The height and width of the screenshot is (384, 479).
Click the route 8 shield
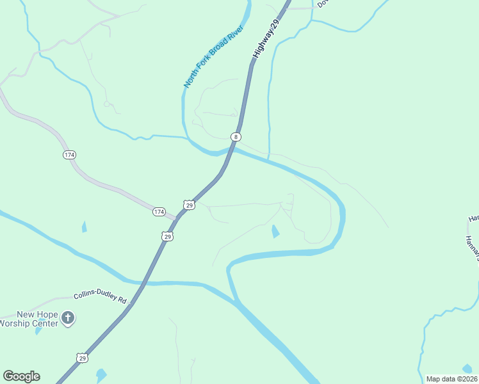pos(236,137)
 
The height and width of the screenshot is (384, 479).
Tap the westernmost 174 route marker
pos(70,155)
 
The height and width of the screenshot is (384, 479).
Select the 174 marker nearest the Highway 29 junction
pos(159,211)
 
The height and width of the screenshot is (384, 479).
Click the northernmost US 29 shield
pos(188,204)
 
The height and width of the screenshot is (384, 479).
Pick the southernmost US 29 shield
pos(83,358)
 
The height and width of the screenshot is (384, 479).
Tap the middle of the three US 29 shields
pos(167,236)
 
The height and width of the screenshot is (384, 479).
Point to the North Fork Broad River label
pos(213,56)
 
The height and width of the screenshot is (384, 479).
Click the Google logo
pos(21,376)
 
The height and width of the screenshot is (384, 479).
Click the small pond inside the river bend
pos(275,232)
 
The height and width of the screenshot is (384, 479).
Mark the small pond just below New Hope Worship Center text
pos(38,330)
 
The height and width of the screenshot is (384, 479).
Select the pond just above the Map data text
pos(467,369)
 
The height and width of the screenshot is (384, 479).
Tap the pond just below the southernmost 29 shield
pos(101,375)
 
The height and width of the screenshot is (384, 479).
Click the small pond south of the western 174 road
pos(84,227)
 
